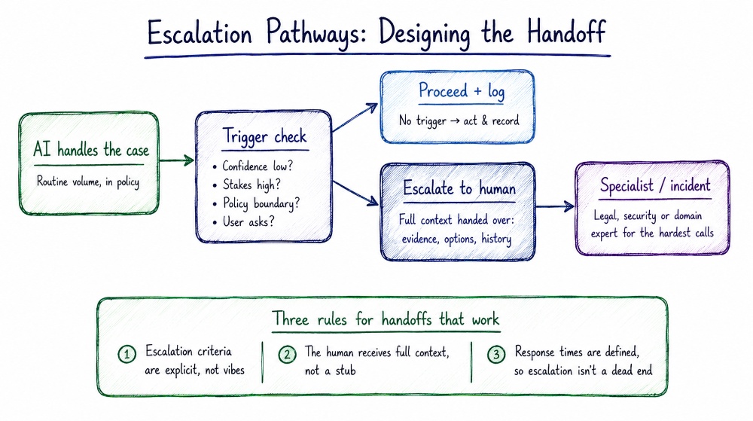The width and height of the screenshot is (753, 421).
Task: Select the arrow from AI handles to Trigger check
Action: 175,160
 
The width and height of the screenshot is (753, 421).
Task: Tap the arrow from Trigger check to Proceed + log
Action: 355,117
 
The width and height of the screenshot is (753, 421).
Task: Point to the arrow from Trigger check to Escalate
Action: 355,194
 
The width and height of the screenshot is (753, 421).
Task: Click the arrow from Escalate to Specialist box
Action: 554,207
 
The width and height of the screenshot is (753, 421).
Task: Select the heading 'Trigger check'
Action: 264,136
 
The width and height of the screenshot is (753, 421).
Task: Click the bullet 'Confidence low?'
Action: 252,166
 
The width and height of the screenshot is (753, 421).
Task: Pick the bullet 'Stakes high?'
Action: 247,185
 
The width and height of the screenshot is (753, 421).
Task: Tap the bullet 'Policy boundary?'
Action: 257,203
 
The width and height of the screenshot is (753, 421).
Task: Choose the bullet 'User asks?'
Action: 244,221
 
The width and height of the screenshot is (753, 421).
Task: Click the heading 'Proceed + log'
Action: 462,90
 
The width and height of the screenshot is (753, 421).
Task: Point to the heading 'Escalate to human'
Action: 459,188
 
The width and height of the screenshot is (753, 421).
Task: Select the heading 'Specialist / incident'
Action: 655,185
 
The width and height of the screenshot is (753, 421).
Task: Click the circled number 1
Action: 127,355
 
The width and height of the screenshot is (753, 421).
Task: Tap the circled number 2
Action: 287,355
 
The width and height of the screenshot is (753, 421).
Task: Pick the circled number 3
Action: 496,355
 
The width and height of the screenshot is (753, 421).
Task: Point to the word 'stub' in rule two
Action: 345,371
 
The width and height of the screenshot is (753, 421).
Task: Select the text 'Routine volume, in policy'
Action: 88,182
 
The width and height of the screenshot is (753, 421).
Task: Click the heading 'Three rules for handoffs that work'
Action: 386,319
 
